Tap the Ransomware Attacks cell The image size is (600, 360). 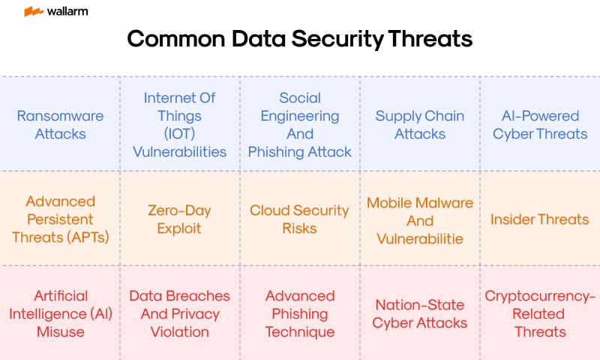pyautogui.click(x=60, y=124)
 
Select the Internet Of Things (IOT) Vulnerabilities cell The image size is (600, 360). pyautogui.click(x=180, y=124)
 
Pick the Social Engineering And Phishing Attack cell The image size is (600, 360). pyautogui.click(x=300, y=124)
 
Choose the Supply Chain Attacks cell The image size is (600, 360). pyautogui.click(x=420, y=124)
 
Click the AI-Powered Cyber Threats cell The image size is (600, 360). pyautogui.click(x=540, y=124)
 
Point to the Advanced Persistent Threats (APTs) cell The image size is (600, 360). pyautogui.click(x=60, y=219)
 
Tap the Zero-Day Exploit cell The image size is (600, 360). pyautogui.click(x=180, y=219)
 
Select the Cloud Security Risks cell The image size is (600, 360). pyautogui.click(x=300, y=219)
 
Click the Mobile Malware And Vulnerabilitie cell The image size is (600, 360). pyautogui.click(x=420, y=220)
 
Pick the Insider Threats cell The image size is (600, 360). pyautogui.click(x=540, y=219)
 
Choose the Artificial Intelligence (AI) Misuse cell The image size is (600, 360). pyautogui.click(x=60, y=313)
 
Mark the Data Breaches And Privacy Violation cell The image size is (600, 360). pyautogui.click(x=180, y=313)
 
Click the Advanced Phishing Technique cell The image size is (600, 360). pyautogui.click(x=300, y=313)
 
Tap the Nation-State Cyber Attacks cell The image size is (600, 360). pyautogui.click(x=420, y=313)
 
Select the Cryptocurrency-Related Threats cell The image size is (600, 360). pyautogui.click(x=540, y=313)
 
